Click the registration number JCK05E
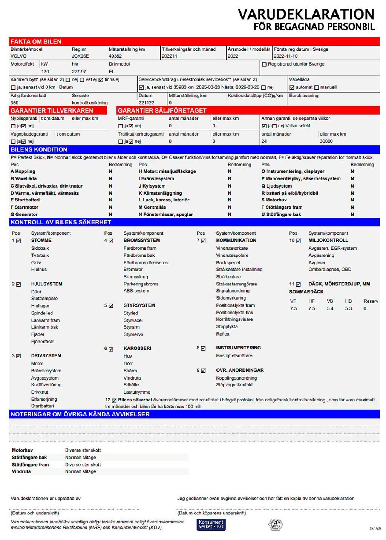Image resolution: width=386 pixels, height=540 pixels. pos(80,56)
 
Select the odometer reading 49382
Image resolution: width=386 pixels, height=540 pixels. pos(115,56)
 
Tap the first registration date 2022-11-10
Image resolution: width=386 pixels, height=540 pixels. pos(285,56)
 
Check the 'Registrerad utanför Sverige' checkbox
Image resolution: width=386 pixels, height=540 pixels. pos(264,64)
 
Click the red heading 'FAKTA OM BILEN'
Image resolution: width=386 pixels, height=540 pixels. pos(36,41)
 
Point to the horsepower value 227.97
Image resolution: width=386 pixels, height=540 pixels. pos(79,72)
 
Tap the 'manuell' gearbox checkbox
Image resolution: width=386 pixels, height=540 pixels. pos(317,87)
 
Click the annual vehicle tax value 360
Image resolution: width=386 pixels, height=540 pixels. pos(14,102)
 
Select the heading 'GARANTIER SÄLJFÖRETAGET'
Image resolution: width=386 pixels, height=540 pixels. pos(162,110)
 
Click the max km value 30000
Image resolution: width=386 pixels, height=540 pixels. pos(326,141)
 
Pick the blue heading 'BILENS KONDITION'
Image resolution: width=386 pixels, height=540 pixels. pos(39,149)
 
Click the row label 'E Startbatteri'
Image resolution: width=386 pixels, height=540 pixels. pos(25,200)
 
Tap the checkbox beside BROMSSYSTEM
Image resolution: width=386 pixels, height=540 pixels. pos(111,241)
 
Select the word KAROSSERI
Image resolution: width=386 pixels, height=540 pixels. pos(137,348)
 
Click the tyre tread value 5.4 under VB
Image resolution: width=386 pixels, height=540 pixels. pos(330,308)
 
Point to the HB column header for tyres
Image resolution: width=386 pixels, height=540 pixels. pos(348,301)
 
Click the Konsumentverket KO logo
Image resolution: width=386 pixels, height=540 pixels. pos(211,524)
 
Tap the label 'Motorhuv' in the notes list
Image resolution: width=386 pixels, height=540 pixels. pos(22,450)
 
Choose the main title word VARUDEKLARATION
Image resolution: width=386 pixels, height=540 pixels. pos(306,14)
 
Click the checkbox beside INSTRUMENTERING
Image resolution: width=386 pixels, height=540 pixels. pos(204,348)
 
